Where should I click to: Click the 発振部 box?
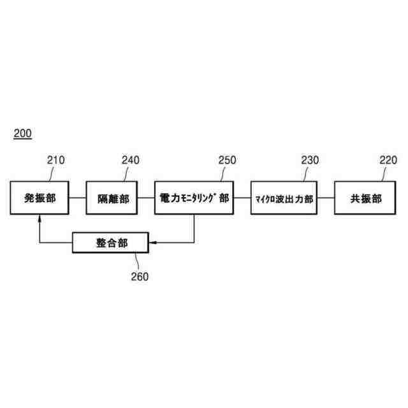pos(40,198)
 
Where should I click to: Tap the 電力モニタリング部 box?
pos(194,198)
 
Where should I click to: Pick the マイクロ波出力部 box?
pos(283,198)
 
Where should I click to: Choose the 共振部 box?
pos(366,198)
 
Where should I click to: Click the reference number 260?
pos(139,276)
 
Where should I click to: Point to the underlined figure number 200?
pos(22,134)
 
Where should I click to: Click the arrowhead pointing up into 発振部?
pos(40,218)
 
